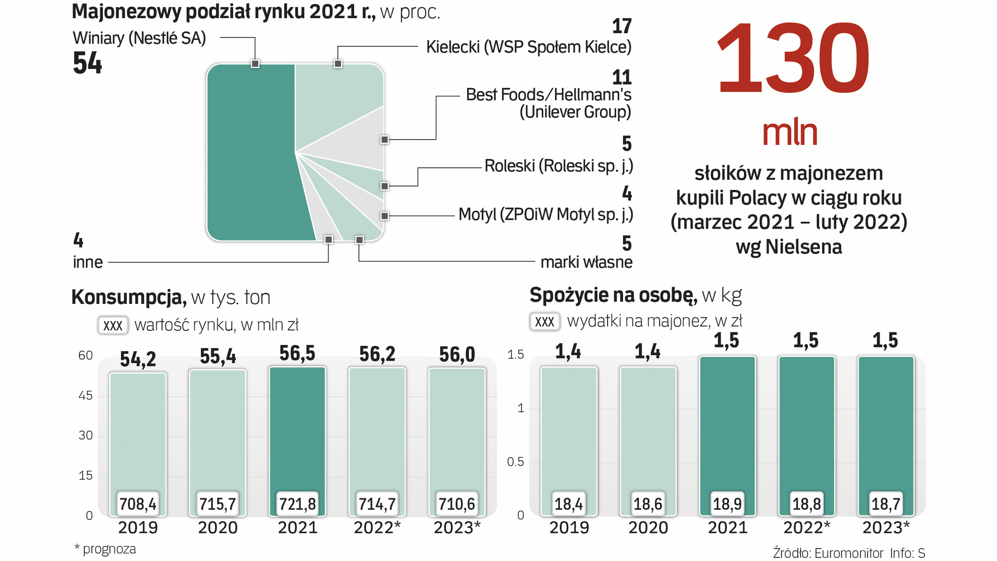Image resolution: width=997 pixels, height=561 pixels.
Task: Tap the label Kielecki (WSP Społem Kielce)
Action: (529, 47)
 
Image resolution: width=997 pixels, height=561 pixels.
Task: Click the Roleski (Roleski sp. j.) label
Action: (558, 166)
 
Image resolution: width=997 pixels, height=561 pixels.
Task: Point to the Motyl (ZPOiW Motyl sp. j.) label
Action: (545, 214)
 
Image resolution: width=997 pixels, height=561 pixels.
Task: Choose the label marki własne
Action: (586, 262)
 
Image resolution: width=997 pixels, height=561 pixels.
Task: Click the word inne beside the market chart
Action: (88, 262)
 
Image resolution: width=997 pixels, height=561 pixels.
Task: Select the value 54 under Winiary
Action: (87, 63)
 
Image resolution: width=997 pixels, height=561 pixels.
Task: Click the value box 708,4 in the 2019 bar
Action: (138, 504)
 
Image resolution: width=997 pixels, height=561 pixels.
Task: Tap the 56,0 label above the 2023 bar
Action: (457, 355)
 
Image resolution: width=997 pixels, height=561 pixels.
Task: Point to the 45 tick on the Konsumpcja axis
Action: (85, 395)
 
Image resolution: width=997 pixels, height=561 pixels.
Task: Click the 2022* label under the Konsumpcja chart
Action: (377, 527)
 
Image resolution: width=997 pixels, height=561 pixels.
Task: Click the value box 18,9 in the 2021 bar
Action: (727, 504)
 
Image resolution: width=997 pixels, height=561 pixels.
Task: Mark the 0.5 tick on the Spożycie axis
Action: (515, 462)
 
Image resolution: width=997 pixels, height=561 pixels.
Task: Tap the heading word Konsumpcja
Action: (128, 297)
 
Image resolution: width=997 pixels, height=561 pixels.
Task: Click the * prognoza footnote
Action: (105, 549)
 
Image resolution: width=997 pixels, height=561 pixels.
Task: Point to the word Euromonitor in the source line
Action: (848, 553)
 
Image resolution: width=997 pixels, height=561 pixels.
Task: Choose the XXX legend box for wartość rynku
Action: (113, 325)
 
